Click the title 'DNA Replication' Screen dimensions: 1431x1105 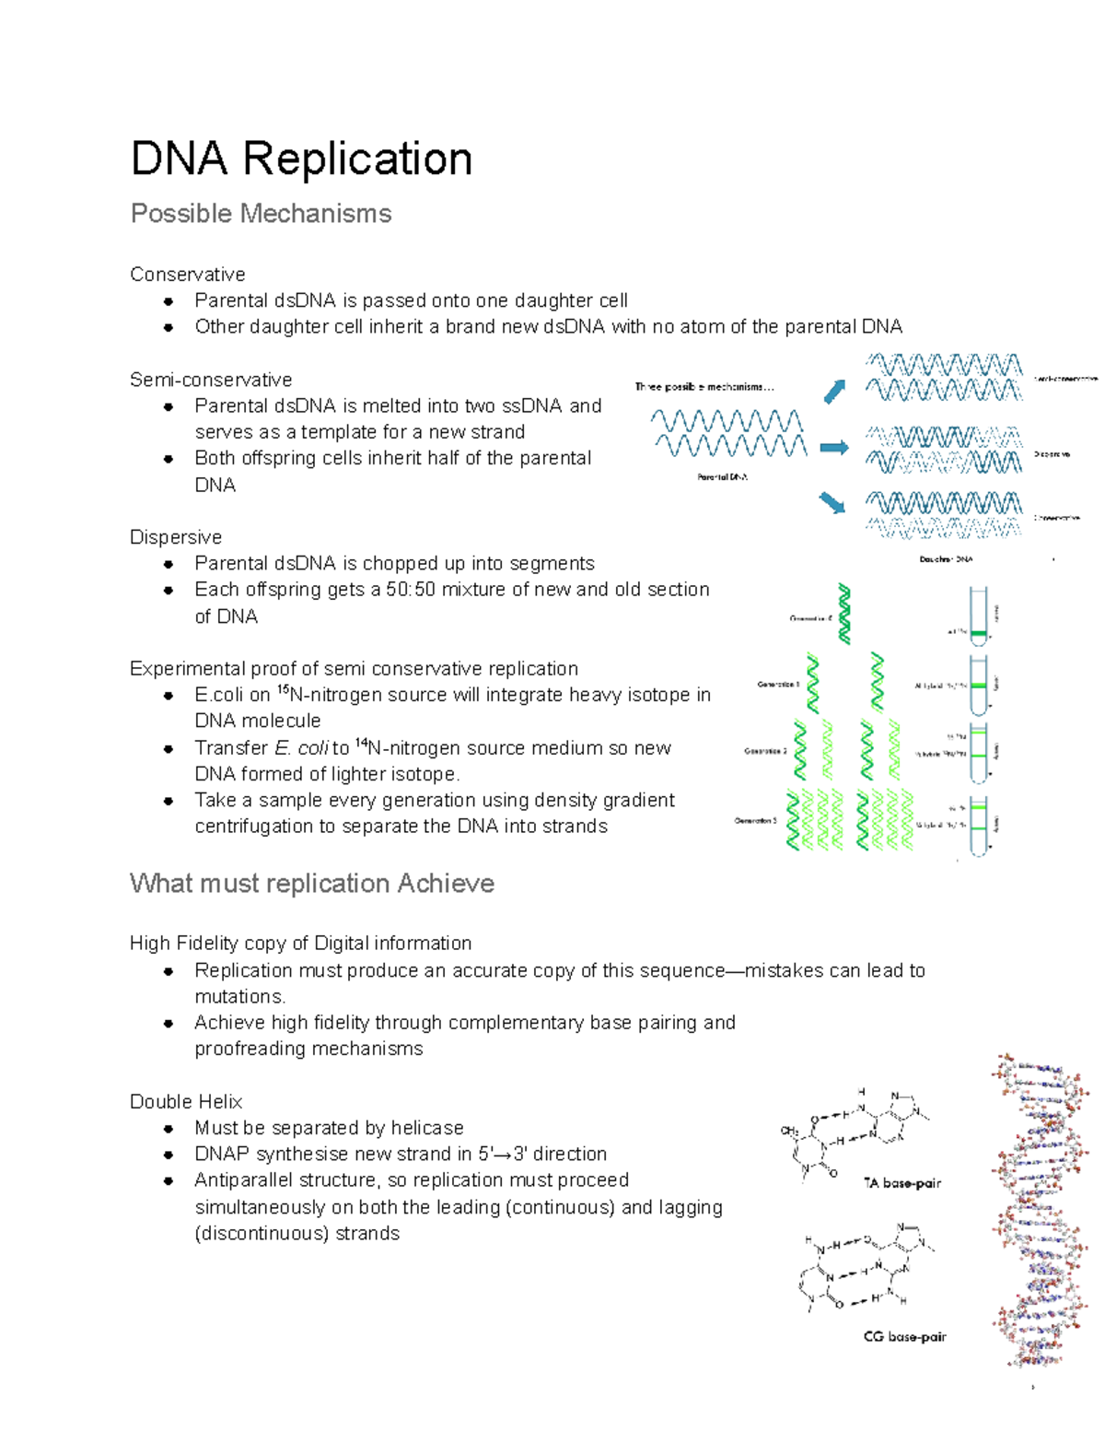tap(301, 158)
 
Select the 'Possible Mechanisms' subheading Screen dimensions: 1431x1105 tap(261, 214)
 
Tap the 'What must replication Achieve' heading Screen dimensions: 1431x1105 tap(311, 884)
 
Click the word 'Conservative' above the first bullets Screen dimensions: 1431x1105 tap(187, 275)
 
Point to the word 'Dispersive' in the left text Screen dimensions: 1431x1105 tap(175, 537)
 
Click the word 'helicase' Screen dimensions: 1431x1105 tap(426, 1128)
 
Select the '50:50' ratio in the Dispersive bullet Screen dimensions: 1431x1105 tap(411, 590)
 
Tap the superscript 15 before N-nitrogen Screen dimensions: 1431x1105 tap(283, 689)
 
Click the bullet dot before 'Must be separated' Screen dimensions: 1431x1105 tap(168, 1129)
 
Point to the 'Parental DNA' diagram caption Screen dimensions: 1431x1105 tap(722, 477)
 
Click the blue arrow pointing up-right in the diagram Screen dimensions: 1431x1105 tap(834, 392)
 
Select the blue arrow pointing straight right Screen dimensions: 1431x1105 tap(834, 448)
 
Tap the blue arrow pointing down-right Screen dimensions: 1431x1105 tap(832, 502)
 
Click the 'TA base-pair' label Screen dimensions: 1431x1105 tap(901, 1183)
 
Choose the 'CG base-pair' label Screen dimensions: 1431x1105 tap(904, 1336)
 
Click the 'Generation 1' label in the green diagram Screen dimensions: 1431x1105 tap(777, 685)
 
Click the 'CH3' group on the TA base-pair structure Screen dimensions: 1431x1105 tap(789, 1131)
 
